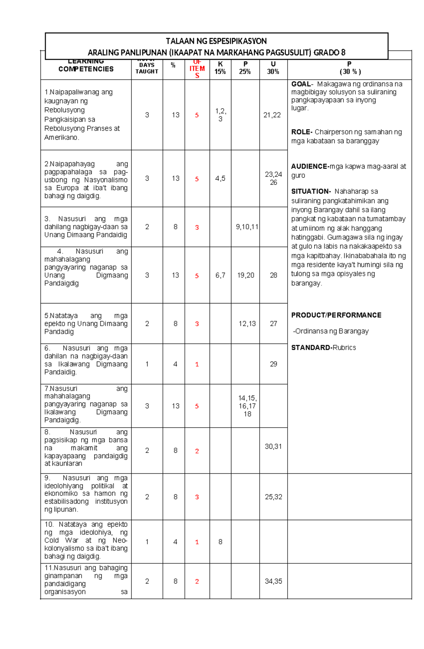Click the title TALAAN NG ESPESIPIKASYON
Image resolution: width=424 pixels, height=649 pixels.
[216, 41]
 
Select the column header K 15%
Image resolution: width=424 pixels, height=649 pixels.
[220, 68]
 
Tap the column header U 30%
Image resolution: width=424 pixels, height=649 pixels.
[273, 68]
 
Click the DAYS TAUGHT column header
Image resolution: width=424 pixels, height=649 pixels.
[147, 68]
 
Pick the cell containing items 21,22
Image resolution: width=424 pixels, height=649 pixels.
[272, 115]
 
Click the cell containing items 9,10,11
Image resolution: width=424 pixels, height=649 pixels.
[247, 227]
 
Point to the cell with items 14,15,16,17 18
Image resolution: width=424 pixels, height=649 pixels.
[247, 406]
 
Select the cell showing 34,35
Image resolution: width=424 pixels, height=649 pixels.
[273, 581]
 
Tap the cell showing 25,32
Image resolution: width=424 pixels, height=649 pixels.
[273, 497]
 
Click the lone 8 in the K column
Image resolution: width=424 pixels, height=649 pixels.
[220, 542]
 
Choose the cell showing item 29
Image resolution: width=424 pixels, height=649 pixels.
[273, 364]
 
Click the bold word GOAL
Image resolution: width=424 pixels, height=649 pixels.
[301, 84]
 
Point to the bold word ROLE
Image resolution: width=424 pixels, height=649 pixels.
[301, 132]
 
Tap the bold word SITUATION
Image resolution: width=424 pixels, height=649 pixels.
[310, 192]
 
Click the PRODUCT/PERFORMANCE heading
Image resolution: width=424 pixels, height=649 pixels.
[336, 315]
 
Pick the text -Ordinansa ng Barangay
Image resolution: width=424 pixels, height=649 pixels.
[331, 331]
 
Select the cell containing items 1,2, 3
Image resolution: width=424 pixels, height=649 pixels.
[220, 115]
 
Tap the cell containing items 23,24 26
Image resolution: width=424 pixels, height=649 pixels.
[273, 178]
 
